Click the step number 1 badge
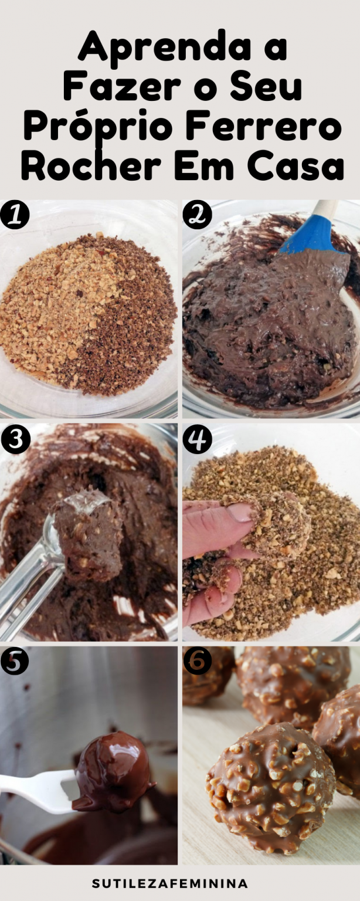point(15,215)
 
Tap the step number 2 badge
point(197,215)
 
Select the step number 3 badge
point(15,439)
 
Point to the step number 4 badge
point(197,439)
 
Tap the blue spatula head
point(311,236)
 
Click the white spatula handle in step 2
point(325,208)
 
